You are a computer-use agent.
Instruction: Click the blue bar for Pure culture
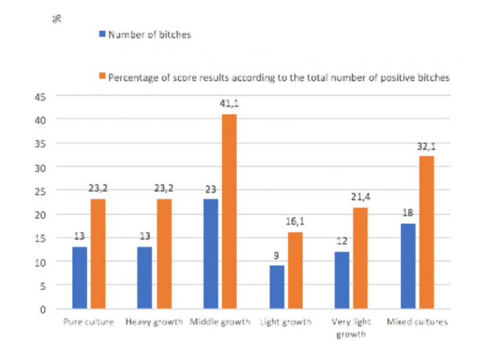point(80,278)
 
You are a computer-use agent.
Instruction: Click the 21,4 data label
point(359,199)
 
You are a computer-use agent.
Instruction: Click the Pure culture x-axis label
point(89,323)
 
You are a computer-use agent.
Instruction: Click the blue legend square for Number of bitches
point(101,35)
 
